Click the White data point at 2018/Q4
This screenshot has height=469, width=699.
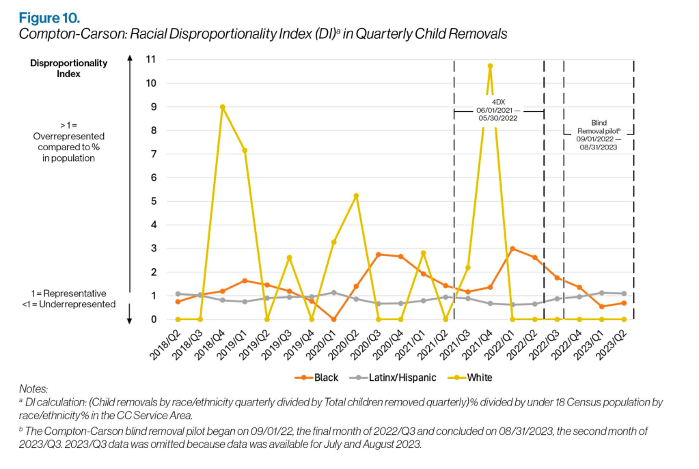[x=223, y=107]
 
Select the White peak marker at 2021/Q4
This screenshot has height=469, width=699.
[x=490, y=66]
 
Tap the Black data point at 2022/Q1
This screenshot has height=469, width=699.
[x=512, y=249]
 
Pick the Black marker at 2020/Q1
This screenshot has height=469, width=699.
[x=333, y=319]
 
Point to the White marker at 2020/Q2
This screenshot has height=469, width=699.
[x=356, y=196]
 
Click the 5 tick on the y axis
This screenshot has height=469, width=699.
[x=153, y=201]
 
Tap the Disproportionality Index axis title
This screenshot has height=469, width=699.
[x=68, y=68]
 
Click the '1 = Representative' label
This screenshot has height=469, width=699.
[x=68, y=293]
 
